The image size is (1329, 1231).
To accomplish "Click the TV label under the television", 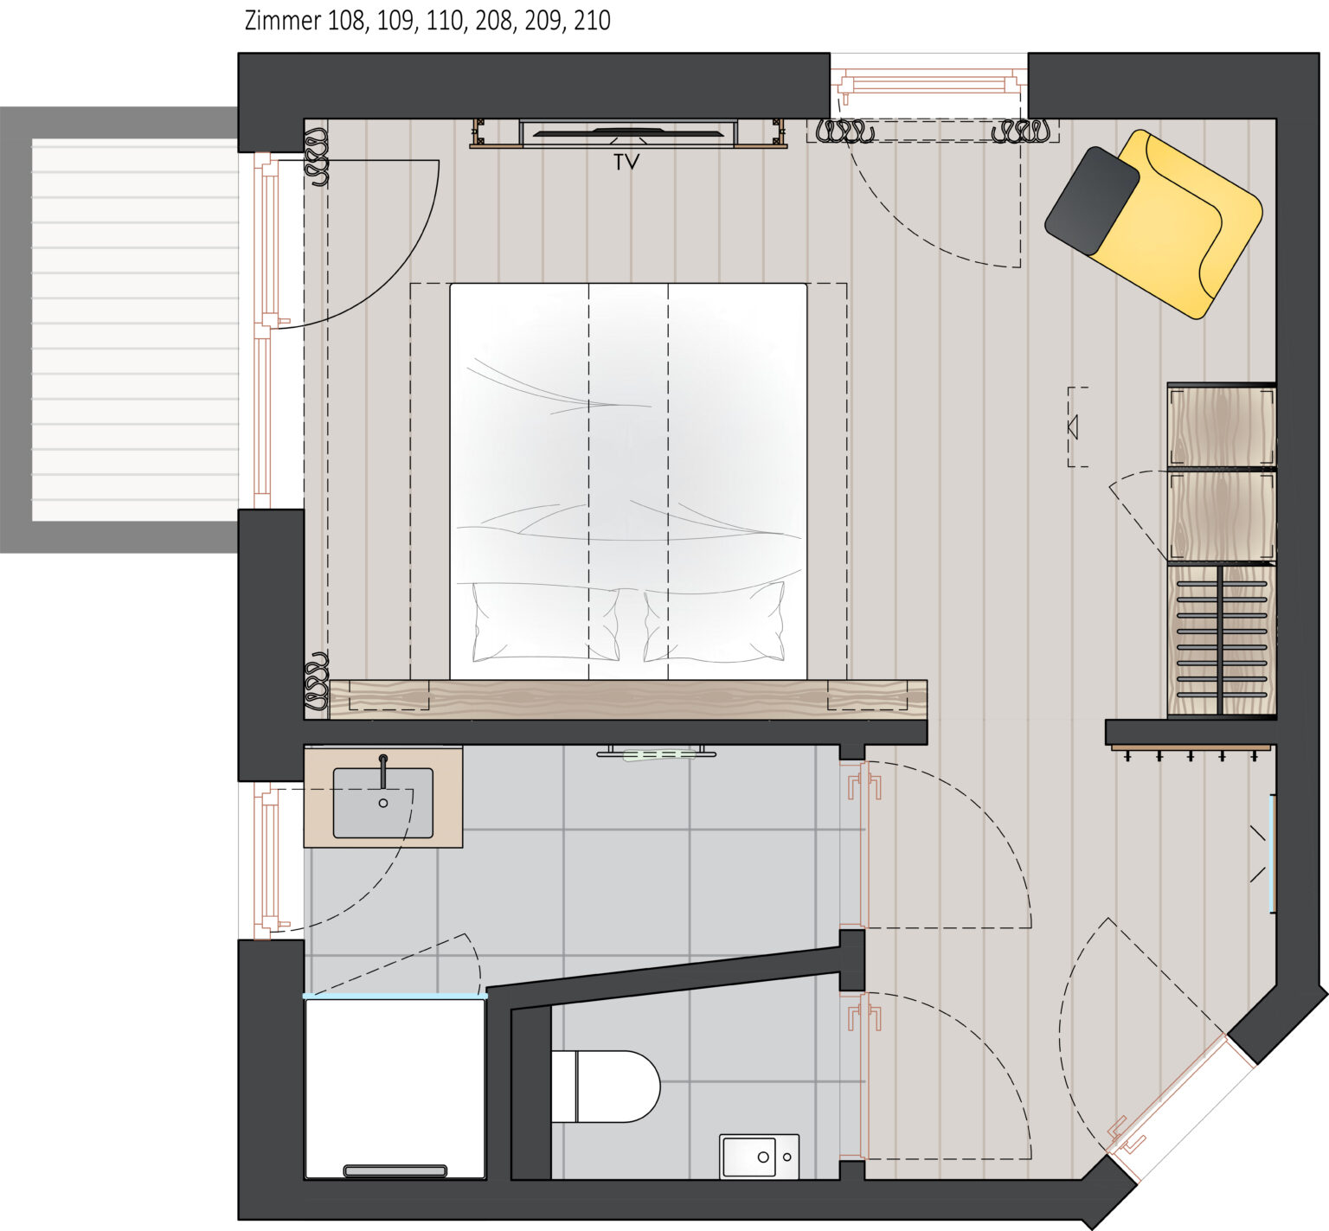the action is [626, 162].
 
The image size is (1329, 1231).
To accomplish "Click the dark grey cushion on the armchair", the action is [1091, 201].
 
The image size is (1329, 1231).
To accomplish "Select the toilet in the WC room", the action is [605, 1086].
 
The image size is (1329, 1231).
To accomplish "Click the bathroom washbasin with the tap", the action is [383, 802].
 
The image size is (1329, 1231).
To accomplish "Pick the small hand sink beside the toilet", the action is [759, 1157].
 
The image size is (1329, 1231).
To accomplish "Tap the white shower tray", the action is [395, 1087].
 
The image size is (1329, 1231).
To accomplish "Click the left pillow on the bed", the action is [545, 621].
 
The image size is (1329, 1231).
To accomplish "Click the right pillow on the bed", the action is [715, 621].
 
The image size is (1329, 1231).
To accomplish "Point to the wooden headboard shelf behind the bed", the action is [628, 699].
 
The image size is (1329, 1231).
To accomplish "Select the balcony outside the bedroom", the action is [121, 330].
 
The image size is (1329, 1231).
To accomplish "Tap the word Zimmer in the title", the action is [282, 21].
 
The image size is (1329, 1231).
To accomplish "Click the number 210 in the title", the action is [592, 21].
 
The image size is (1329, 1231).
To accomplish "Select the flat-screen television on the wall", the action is [628, 133].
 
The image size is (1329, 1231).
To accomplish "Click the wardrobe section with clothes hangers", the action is [1222, 641].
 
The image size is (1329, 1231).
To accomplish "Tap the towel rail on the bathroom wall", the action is [657, 753].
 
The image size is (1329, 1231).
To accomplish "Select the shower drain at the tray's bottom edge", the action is [395, 1170].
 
